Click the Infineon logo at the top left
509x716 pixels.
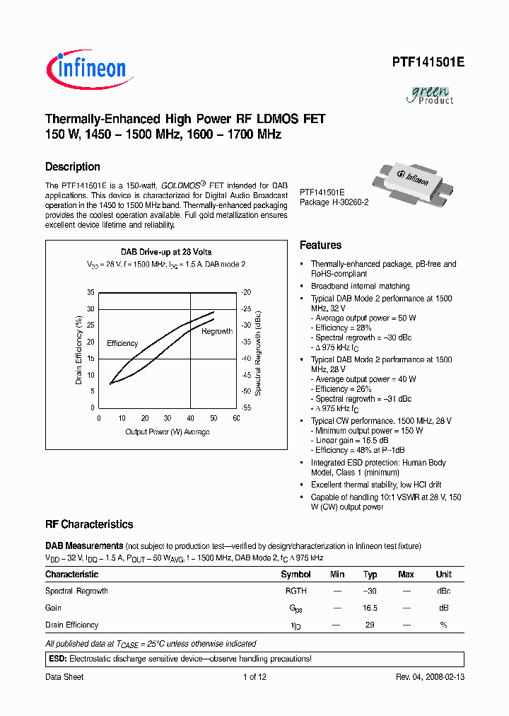(x=86, y=69)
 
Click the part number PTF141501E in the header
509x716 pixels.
(x=428, y=62)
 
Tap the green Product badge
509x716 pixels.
(x=431, y=95)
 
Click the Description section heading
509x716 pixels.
(x=73, y=167)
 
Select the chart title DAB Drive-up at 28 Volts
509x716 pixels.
(x=166, y=252)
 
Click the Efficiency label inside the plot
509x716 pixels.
(x=122, y=343)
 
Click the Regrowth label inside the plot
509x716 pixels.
(x=217, y=331)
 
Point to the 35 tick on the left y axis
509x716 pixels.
(x=90, y=292)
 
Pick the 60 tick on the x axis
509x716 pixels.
(x=236, y=418)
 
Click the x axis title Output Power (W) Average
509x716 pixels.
(x=168, y=432)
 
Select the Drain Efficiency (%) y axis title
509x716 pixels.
(x=79, y=350)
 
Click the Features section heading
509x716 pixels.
(x=320, y=246)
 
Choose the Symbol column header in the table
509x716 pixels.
(x=296, y=574)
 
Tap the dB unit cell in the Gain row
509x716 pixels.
(x=443, y=608)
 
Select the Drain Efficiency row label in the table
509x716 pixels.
(x=72, y=625)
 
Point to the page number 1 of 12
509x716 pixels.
(x=255, y=677)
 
